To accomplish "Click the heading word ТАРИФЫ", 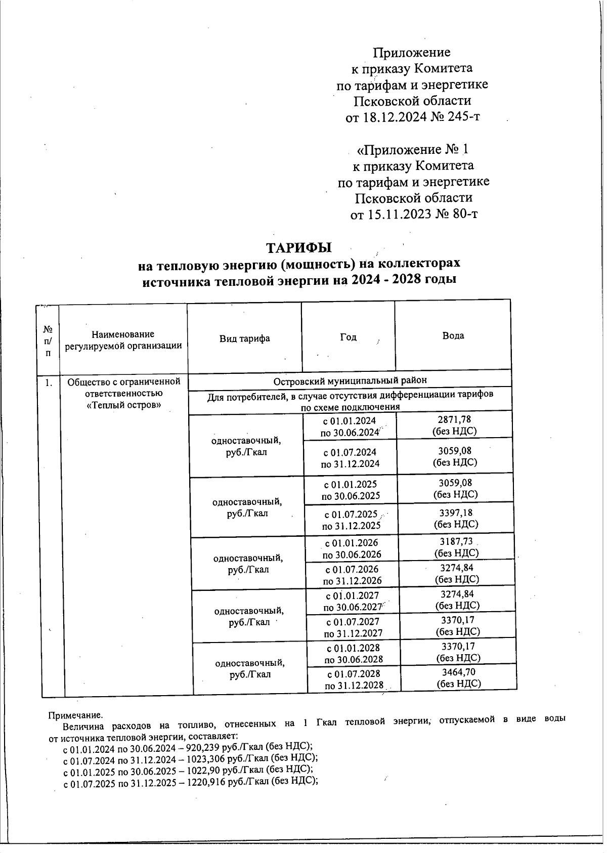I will click(x=298, y=248).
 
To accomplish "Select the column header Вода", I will click(x=453, y=335).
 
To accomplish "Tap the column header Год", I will click(x=348, y=337).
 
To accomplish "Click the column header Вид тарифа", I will click(x=244, y=338).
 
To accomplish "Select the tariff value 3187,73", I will click(x=456, y=542).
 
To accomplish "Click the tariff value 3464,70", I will click(x=458, y=672).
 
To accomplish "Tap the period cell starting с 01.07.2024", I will click(x=350, y=458).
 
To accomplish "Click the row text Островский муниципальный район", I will click(x=350, y=380).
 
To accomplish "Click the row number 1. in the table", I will click(x=48, y=383).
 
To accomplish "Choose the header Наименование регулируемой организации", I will click(x=123, y=340).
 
